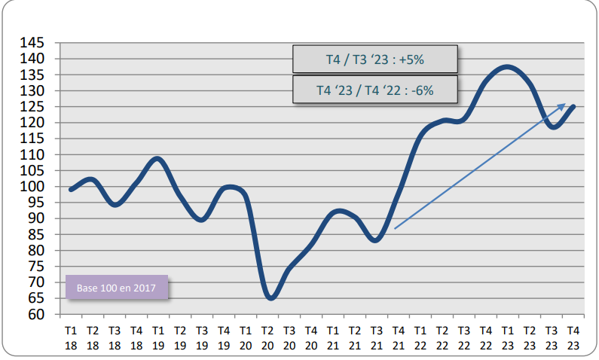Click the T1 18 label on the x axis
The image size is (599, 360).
tap(71, 337)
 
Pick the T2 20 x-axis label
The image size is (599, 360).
tap(267, 337)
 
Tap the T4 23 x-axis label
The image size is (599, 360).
tap(573, 337)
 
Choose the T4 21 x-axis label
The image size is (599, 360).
tap(399, 337)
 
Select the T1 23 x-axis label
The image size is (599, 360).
tap(508, 337)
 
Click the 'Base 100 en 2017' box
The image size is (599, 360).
tap(117, 288)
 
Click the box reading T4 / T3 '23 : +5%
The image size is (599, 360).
tap(374, 59)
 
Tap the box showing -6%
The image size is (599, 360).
tap(374, 90)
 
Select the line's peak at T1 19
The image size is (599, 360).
tap(157, 159)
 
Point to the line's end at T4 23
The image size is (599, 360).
tap(574, 107)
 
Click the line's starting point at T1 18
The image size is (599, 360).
tap(71, 190)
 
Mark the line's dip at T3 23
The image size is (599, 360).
tap(554, 127)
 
